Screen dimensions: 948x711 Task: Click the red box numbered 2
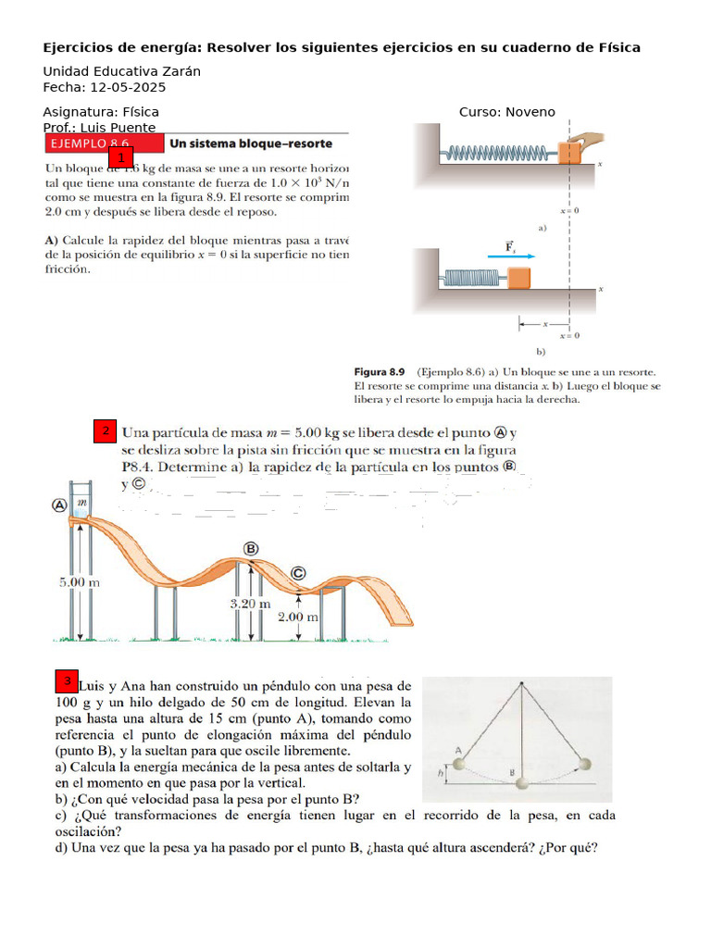coord(106,431)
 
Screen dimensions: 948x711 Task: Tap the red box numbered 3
coord(67,683)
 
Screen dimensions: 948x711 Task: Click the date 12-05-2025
coord(128,88)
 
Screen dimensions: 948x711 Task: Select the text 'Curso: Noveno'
coord(506,112)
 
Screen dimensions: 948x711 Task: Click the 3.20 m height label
coord(250,603)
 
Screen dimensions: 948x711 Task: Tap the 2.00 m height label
coord(298,616)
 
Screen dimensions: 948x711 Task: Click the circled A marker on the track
coord(61,505)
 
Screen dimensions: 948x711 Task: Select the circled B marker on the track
coord(250,549)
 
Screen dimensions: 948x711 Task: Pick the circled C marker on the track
coord(298,573)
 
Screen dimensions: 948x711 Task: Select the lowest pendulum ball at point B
coord(524,783)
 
